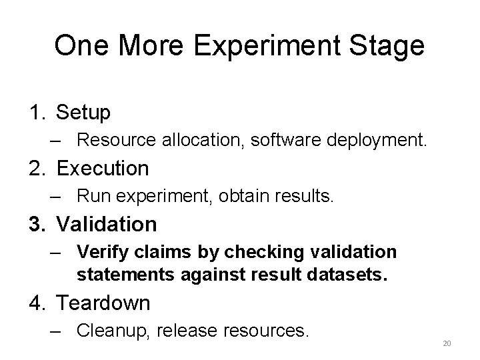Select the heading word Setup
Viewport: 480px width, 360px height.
[84, 113]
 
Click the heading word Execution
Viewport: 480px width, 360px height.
[103, 168]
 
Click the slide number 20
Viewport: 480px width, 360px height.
[447, 343]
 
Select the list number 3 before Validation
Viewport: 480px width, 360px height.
[36, 224]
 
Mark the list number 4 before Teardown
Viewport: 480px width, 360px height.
[36, 303]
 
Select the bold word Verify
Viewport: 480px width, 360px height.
[99, 252]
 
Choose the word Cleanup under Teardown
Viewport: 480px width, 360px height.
[108, 331]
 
